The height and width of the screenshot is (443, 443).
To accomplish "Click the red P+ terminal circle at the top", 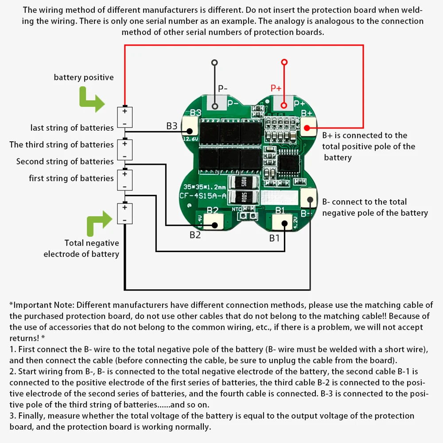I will pos(284,62).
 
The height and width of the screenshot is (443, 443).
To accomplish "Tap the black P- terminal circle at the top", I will pos(214,62).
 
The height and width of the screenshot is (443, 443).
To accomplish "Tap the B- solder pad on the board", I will pos(308,198).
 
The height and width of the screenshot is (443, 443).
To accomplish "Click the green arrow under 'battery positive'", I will pos(90,99).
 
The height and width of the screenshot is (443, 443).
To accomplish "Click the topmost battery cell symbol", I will pos(125,118).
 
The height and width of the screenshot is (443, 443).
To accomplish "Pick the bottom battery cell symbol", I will pos(125,213).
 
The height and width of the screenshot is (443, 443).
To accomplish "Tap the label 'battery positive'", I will pos(84,78).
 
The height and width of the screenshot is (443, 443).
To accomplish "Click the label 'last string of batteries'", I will pos(72,128).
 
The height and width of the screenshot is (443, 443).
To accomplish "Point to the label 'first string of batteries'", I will pos(71,179).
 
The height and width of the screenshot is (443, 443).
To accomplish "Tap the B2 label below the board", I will pos(195,235).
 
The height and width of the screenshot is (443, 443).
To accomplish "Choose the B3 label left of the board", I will pos(172,126).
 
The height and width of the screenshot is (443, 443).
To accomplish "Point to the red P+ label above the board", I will pos(276,88).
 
